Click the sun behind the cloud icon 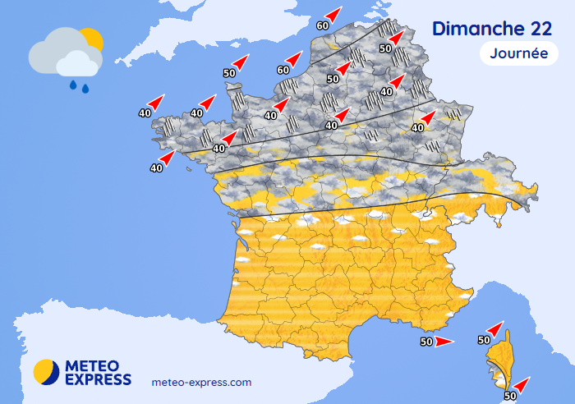pos(92,39)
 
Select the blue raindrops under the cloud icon pos(79,85)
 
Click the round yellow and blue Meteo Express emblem pos(46,372)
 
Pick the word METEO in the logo pos(91,365)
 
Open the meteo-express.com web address pos(202,383)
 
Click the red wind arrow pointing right pos(444,342)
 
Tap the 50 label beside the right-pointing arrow pos(426,342)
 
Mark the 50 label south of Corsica pos(509,395)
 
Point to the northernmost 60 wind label pos(323,25)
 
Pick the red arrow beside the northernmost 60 pos(333,14)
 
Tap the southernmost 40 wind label pos(156,168)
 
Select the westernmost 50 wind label pos(229,73)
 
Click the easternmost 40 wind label pos(417,127)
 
